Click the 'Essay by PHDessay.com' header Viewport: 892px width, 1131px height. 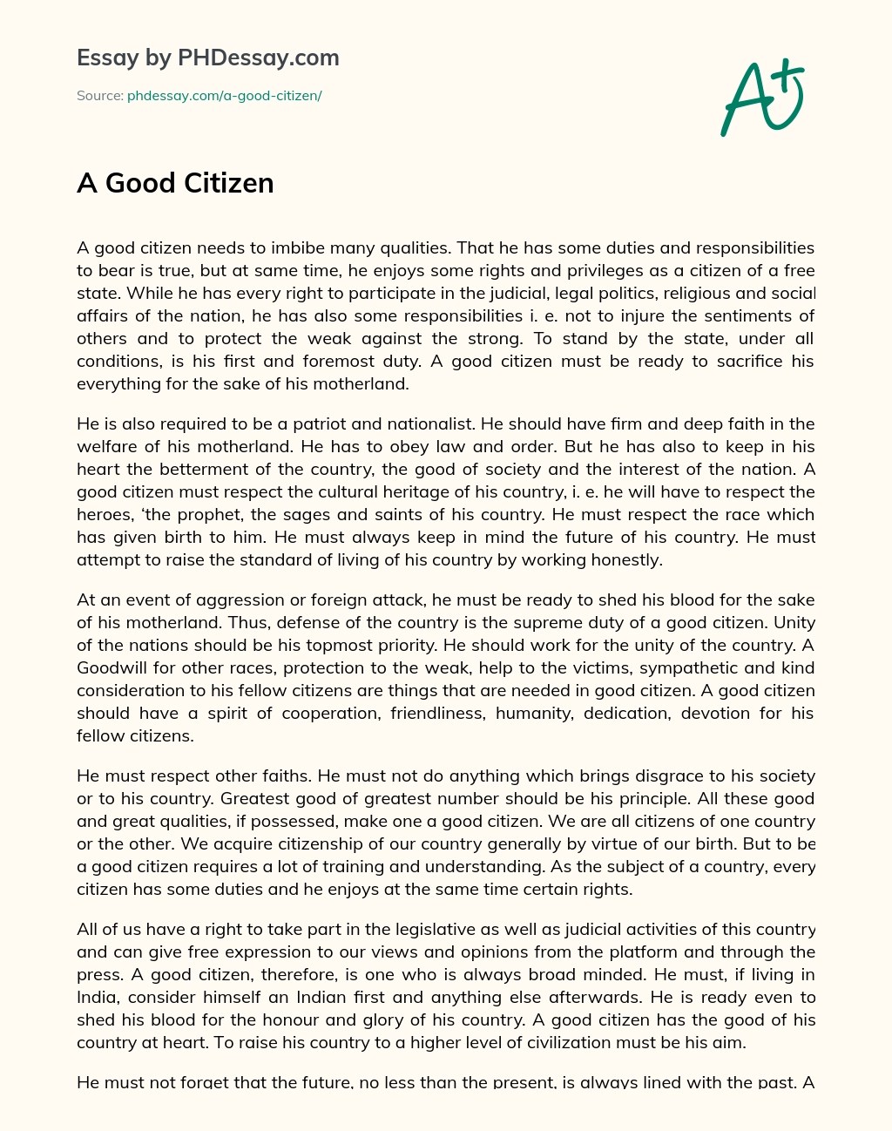208,58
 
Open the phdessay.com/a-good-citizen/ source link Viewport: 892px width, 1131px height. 225,96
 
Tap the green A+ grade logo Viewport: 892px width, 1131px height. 762,98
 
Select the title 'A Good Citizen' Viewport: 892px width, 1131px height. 175,183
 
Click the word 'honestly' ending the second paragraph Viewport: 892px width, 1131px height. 625,560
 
